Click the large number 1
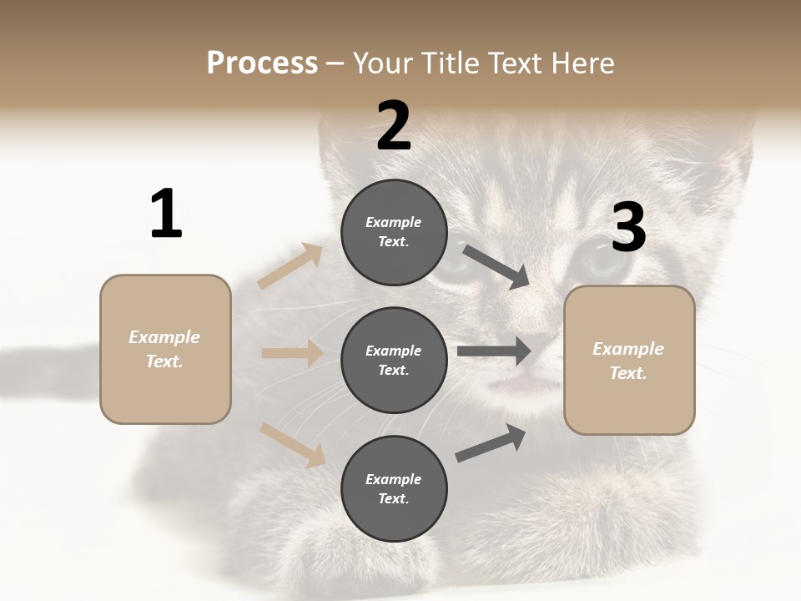point(166,215)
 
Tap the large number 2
point(394,126)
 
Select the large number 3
point(628,228)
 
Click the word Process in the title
point(262,63)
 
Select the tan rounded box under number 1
point(165,349)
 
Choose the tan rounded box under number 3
point(629,360)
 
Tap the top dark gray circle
point(394,232)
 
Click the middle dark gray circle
point(394,360)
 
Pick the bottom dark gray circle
point(394,488)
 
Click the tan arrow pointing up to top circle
point(290,265)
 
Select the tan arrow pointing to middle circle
point(291,353)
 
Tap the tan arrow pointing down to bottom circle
point(292,444)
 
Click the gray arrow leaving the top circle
point(496,266)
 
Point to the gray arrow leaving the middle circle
point(494,351)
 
